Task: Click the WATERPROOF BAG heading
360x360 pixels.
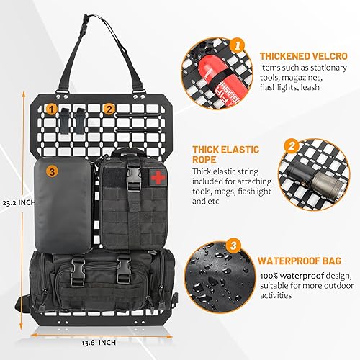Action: coord(292,258)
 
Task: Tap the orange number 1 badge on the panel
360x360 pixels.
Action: coord(52,109)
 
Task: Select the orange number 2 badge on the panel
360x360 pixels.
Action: coord(108,109)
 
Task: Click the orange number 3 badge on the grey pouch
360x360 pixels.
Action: coord(52,171)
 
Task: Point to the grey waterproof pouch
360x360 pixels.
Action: coord(64,204)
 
